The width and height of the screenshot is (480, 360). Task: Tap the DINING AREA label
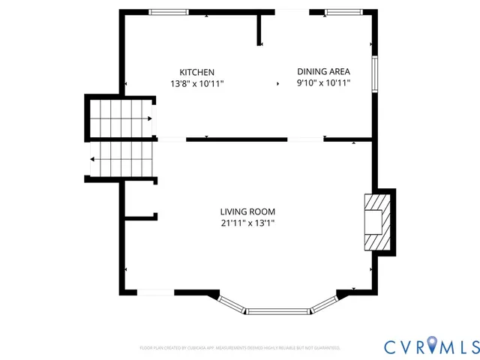point(323,71)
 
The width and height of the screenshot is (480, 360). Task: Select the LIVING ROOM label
point(247,211)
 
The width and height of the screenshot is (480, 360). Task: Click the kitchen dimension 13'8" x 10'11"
point(196,83)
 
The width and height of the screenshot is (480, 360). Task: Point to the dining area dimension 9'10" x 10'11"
point(323,83)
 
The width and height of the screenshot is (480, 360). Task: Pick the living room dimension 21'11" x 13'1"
point(247,223)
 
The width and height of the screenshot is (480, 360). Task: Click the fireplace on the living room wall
point(376,222)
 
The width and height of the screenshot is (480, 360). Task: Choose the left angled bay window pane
point(232,303)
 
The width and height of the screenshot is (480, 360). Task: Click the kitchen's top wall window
point(169,12)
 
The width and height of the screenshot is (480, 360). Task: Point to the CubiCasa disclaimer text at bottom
point(240,348)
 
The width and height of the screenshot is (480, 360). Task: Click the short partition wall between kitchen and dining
point(259,30)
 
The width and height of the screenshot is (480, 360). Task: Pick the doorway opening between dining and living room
point(306,139)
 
